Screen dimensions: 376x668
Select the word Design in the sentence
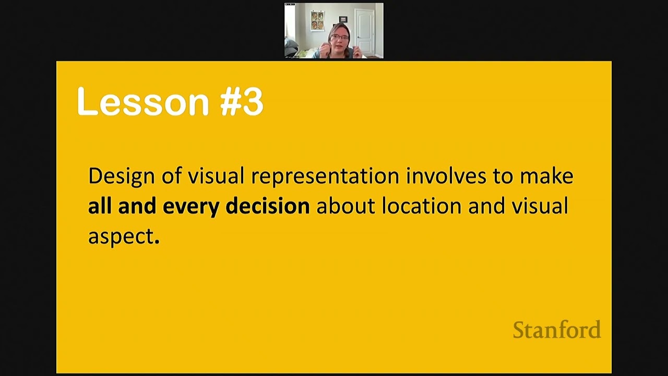(x=121, y=177)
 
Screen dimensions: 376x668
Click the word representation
(x=325, y=177)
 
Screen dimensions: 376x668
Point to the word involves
(x=445, y=176)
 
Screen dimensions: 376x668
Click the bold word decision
(x=267, y=206)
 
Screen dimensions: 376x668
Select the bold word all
(x=100, y=206)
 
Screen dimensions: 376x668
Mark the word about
(x=345, y=206)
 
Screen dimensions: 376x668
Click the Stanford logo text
(x=557, y=330)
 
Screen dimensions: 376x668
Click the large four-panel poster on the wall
(x=317, y=21)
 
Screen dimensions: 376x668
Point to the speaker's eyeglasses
(x=339, y=37)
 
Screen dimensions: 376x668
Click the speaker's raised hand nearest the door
(x=357, y=51)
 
